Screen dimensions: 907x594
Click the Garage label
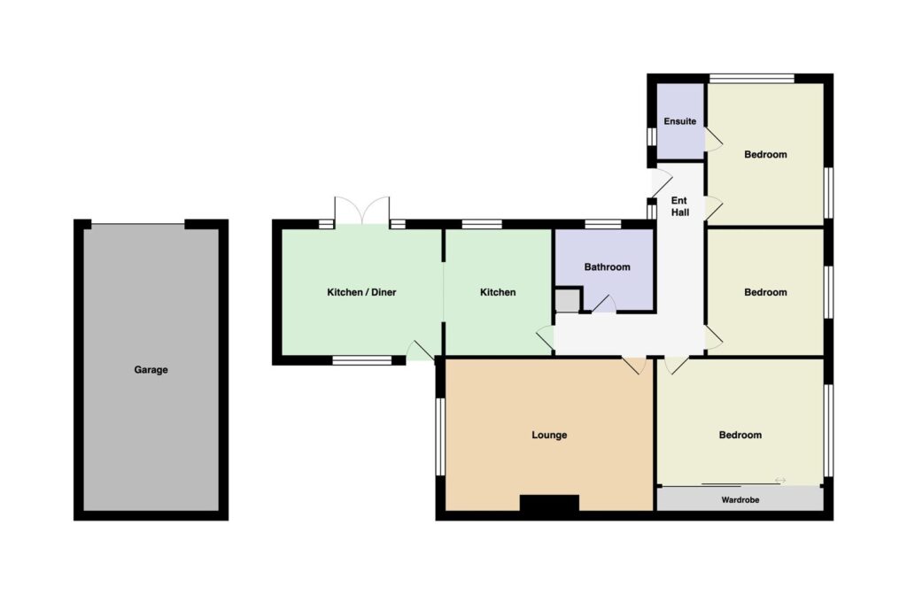point(151,369)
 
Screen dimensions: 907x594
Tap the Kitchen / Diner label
point(361,292)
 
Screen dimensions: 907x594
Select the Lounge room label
point(549,435)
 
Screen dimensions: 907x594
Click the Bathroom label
point(607,266)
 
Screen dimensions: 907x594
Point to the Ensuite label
point(679,121)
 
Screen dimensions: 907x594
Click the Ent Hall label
point(679,206)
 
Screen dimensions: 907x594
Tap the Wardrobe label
point(740,500)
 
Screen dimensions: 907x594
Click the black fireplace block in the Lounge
point(549,503)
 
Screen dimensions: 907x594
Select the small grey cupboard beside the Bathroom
point(568,301)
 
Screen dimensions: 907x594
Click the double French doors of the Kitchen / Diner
point(362,211)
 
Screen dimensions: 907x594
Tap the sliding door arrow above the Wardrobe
point(780,480)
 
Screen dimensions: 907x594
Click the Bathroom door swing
point(603,304)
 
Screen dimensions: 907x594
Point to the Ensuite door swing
point(714,139)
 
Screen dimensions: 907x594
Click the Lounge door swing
point(634,365)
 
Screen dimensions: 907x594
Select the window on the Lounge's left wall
point(440,436)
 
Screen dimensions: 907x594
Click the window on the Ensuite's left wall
point(651,136)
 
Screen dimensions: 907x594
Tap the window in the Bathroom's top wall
point(602,225)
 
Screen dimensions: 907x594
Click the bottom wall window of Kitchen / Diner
point(362,360)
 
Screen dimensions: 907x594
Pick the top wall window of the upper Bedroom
point(752,79)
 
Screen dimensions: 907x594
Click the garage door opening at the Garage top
point(138,224)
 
